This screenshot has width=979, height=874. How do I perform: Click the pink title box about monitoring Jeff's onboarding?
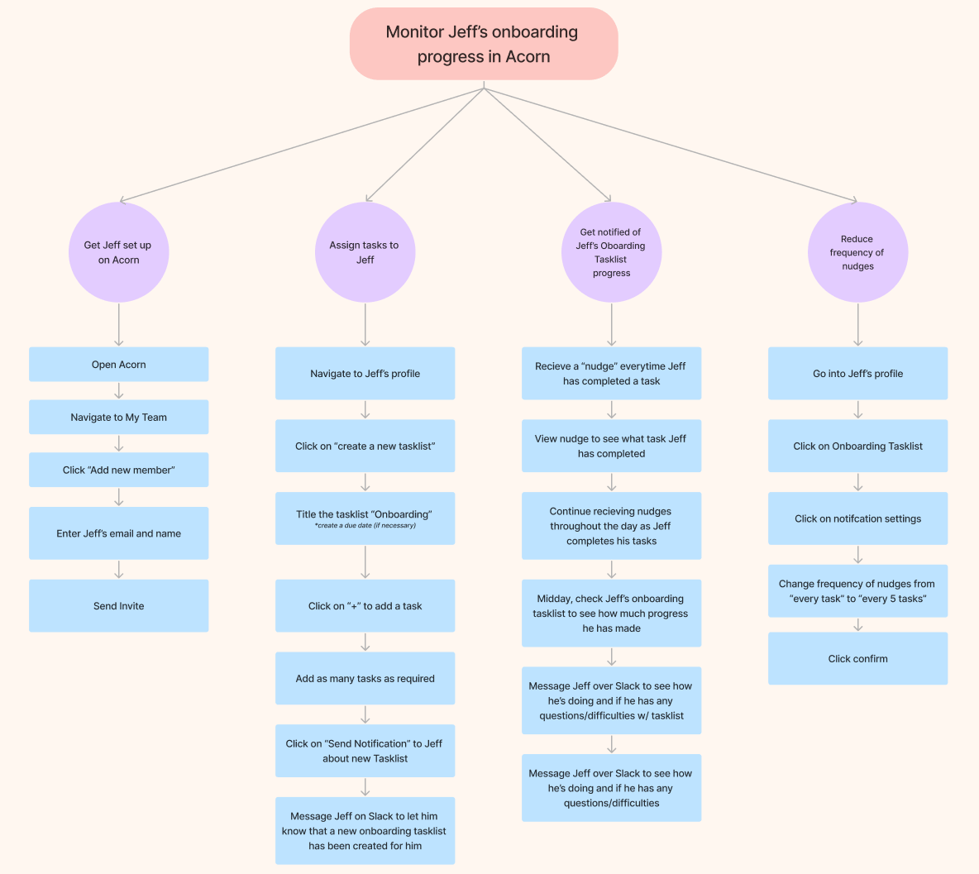click(484, 45)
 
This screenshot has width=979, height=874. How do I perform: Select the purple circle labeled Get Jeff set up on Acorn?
click(118, 252)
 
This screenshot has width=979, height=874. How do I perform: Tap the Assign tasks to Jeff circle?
click(365, 252)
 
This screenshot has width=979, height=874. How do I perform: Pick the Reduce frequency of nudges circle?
click(857, 252)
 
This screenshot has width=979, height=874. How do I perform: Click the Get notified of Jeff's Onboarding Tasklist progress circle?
click(611, 252)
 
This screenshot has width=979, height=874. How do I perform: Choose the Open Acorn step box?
click(118, 365)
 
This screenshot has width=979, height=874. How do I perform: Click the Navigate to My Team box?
click(118, 418)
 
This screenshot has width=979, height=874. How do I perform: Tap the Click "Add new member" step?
click(118, 470)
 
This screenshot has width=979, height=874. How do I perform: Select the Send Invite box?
click(118, 606)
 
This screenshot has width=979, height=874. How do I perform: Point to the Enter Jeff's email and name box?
click(118, 533)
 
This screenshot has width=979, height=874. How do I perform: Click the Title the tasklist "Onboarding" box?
click(365, 514)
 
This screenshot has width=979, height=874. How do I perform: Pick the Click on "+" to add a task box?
click(365, 606)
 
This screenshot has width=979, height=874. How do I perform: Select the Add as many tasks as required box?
click(365, 679)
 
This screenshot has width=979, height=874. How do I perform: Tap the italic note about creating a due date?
click(365, 526)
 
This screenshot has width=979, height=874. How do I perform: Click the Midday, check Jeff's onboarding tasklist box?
click(611, 614)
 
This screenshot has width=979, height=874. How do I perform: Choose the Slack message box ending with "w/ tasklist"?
click(611, 700)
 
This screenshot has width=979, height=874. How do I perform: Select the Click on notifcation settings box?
click(857, 518)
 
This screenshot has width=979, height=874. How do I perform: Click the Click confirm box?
click(857, 659)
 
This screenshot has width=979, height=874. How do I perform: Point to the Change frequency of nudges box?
click(857, 591)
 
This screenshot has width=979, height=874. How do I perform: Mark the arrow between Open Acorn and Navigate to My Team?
click(119, 390)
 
